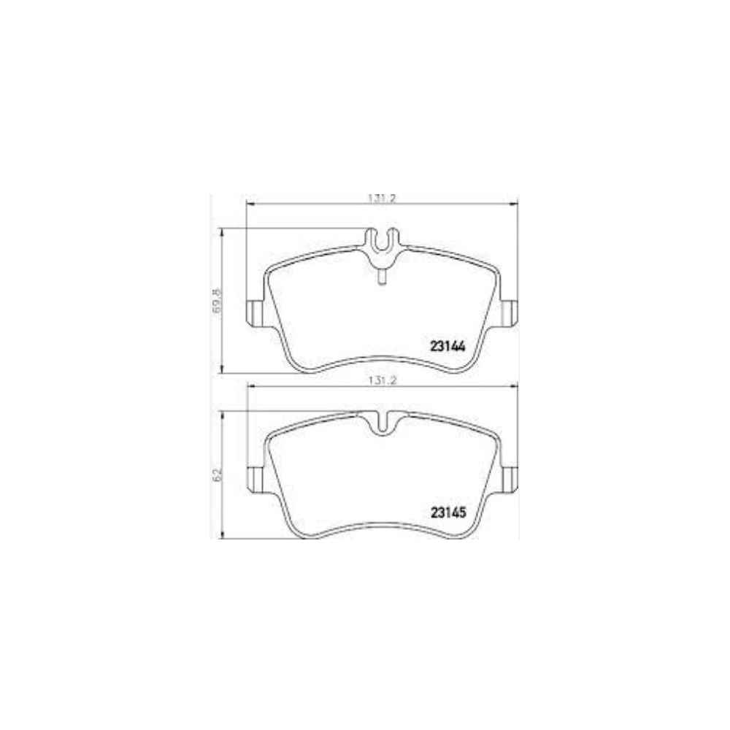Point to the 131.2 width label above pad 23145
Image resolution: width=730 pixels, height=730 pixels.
click(380, 380)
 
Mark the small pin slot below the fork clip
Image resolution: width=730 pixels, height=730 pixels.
click(380, 276)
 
